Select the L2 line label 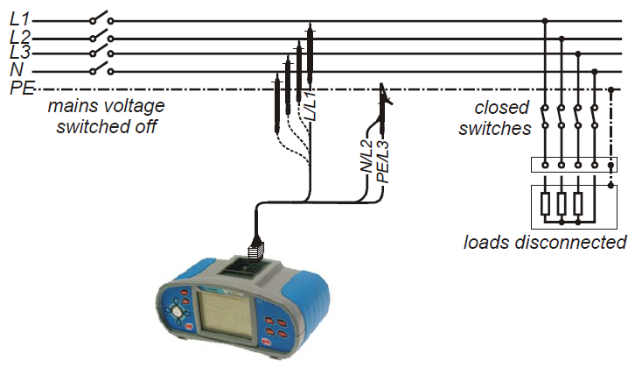pyautogui.click(x=19, y=37)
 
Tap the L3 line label pyautogui.click(x=19, y=53)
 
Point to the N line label pyautogui.click(x=16, y=70)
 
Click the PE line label pyautogui.click(x=21, y=88)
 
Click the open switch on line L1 pyautogui.click(x=100, y=18)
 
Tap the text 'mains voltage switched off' pyautogui.click(x=106, y=116)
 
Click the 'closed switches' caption pyautogui.click(x=502, y=117)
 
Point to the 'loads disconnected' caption pyautogui.click(x=545, y=241)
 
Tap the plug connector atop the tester pyautogui.click(x=255, y=251)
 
